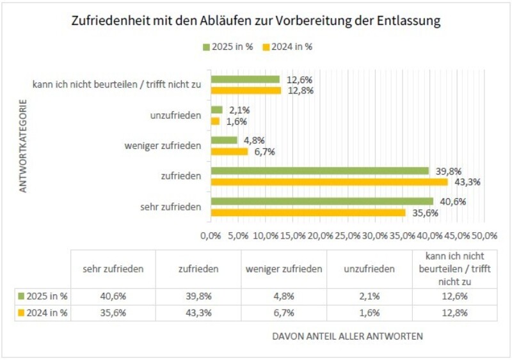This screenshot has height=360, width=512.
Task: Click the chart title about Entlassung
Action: [255, 21]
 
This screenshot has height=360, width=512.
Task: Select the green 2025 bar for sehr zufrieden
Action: [322, 201]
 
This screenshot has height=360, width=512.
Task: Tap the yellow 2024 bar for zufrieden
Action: [329, 182]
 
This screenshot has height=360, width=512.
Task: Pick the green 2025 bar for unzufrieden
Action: [216, 110]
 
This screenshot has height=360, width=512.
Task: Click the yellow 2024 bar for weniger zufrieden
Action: [228, 152]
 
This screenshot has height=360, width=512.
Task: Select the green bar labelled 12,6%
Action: [245, 79]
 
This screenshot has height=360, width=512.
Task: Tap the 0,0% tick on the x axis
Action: [211, 235]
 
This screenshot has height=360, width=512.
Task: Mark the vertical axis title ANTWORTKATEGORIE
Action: [22, 145]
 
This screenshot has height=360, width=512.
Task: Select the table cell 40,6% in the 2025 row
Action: [113, 296]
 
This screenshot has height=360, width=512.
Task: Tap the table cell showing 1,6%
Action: [369, 313]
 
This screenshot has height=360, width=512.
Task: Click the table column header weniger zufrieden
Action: [284, 269]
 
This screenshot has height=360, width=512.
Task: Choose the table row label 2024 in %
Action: [45, 313]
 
